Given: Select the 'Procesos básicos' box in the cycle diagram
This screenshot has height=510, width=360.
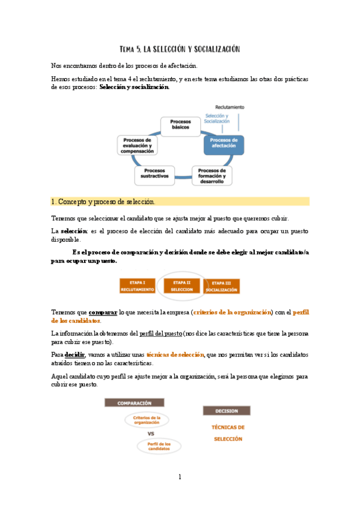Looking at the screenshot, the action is coord(180,124).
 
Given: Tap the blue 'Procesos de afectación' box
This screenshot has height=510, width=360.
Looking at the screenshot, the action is coord(224,143).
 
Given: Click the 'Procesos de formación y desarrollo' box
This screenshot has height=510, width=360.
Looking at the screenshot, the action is coord(211,175).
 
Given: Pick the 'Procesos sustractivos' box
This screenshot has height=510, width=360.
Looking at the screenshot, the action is coord(154,175).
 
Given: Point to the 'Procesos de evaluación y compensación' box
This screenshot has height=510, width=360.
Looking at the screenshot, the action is coord(137,146).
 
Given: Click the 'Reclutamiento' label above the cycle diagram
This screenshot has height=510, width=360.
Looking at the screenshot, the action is coord(230,107).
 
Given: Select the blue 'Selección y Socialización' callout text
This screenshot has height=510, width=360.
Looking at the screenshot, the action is coord(218,118).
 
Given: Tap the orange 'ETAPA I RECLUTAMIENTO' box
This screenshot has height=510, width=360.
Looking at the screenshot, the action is coord(137,286).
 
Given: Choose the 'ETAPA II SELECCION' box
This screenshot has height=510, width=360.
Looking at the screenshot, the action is coord(181,286).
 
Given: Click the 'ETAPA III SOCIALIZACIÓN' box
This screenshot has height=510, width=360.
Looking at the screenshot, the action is coord(222,286).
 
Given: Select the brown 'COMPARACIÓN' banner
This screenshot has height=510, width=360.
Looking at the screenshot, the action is coord(134,403).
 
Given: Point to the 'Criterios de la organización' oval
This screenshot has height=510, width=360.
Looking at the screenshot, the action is coord(147,420).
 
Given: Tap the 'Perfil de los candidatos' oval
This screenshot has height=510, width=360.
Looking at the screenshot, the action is coord(159,446).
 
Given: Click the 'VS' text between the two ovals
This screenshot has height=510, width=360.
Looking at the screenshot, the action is coord(151,433).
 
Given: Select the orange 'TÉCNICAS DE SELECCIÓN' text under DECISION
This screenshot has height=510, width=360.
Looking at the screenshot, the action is coord(228,432).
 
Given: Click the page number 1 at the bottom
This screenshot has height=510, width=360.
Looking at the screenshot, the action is coord(180,477).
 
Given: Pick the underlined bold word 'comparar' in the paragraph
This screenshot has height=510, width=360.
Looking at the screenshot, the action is coord(103,313).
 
